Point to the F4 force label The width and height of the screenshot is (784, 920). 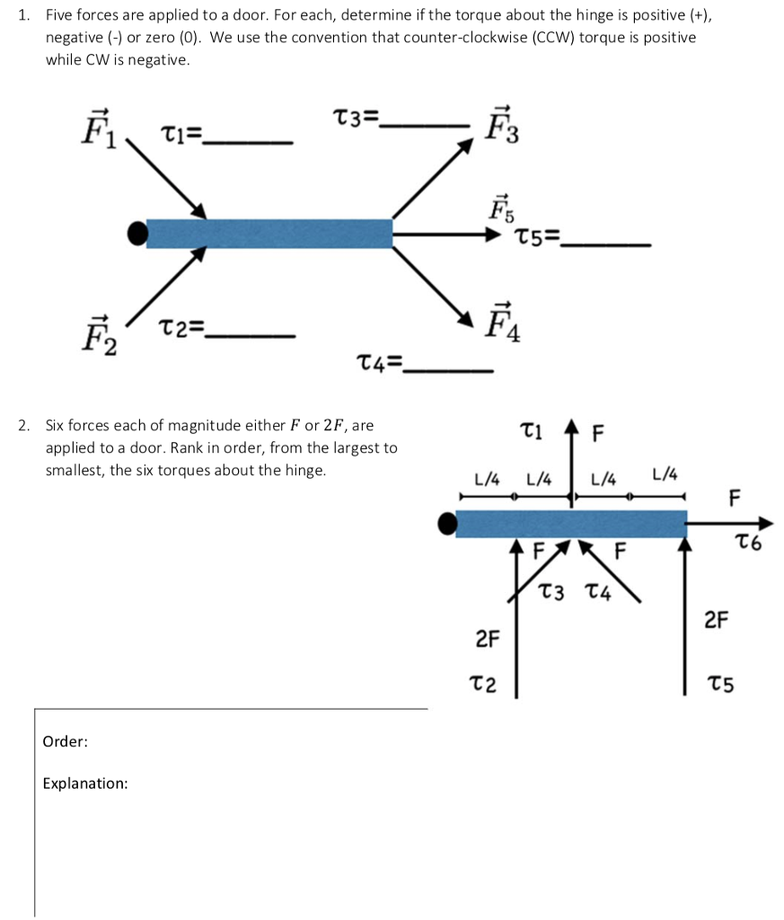coord(499,323)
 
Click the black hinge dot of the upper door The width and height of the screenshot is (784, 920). coord(137,234)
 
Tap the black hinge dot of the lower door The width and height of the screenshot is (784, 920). coord(446,523)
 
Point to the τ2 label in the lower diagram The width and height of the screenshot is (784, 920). coord(483,685)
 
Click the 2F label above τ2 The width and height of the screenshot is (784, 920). coord(487,640)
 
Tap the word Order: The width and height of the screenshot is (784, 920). coord(65,741)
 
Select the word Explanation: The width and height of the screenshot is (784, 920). coord(85,783)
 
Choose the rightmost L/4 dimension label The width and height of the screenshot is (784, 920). coord(665,474)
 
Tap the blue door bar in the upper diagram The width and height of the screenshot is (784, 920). coord(269,234)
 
